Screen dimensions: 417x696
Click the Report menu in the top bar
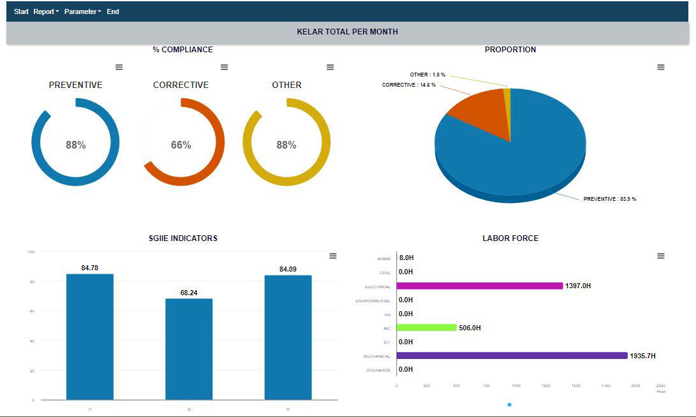(x=46, y=11)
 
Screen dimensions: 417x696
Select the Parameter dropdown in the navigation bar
(x=82, y=11)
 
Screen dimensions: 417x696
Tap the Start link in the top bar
(x=21, y=11)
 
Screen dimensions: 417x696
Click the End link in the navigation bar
(x=113, y=11)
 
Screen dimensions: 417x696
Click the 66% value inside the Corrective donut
(x=181, y=145)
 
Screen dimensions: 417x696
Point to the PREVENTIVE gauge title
(x=75, y=85)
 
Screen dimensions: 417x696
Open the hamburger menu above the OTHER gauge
(x=330, y=67)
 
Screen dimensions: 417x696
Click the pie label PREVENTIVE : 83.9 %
(x=609, y=199)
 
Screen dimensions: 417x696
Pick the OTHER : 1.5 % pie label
(x=427, y=75)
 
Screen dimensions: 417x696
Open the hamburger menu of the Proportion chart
(x=661, y=67)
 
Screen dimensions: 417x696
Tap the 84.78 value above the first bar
(x=90, y=268)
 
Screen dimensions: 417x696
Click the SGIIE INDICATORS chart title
(x=183, y=238)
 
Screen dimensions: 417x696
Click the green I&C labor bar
(x=426, y=328)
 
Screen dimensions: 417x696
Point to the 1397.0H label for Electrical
(x=578, y=286)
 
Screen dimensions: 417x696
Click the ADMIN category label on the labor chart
(x=383, y=259)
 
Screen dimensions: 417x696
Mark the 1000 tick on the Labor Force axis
(x=516, y=386)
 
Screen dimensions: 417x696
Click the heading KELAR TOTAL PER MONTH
(x=347, y=32)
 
